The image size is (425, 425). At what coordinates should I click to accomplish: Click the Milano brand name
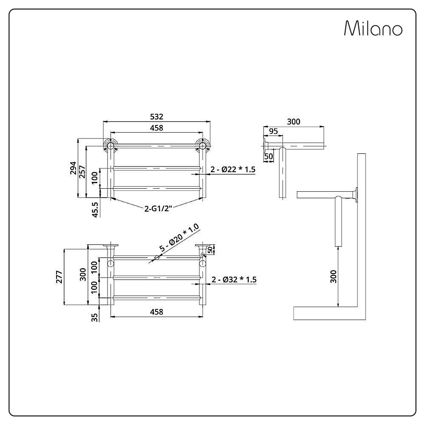coord(373,28)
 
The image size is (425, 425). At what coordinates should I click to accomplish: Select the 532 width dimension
coord(157,116)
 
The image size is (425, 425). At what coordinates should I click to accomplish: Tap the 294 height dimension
coord(74,168)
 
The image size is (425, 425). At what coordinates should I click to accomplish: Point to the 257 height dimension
coord(82,172)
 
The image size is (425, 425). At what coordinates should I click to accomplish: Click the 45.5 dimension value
coord(95,210)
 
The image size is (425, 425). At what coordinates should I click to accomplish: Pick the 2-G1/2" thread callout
coord(158,208)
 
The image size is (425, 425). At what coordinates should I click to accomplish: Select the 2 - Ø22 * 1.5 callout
coord(233,170)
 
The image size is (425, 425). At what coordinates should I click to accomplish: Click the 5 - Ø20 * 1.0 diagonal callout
coord(179,238)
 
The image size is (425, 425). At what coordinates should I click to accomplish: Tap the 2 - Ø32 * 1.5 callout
coord(234,280)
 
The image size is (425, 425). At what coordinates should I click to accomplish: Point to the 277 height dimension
coord(59,277)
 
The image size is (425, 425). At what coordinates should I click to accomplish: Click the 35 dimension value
coord(95,317)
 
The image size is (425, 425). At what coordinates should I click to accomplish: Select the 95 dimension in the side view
coord(273,131)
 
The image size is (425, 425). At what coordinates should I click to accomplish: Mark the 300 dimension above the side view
coord(294,122)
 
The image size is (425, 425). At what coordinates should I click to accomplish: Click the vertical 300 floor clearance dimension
coord(333,277)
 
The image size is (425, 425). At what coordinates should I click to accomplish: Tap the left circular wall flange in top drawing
coord(110,146)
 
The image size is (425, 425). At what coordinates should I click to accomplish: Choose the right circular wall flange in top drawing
coord(202,146)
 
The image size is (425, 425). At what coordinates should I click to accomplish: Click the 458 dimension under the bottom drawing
coord(157,312)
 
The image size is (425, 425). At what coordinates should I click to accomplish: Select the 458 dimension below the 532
coord(157,127)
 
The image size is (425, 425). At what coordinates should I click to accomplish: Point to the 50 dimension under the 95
coord(268,156)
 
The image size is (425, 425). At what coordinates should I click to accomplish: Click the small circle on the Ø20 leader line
coord(156,258)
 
